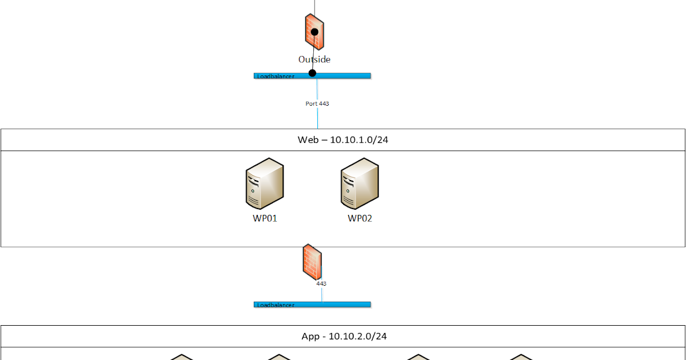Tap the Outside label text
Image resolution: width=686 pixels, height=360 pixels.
314,59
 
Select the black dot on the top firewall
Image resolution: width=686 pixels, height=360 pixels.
314,32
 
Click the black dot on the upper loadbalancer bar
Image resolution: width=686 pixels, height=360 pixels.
312,73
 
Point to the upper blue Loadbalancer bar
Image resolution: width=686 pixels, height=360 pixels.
343,75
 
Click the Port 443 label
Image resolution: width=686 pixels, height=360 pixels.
317,104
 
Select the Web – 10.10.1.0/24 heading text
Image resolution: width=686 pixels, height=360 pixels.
343,140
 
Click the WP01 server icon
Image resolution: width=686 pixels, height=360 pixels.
265,183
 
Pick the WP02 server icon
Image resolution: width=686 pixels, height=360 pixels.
360,183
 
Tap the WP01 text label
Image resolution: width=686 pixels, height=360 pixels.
265,218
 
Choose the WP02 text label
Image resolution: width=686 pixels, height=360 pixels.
360,218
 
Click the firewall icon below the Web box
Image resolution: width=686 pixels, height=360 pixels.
312,262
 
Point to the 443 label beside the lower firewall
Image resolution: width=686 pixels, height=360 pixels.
321,283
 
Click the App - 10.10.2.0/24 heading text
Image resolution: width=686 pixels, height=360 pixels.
344,337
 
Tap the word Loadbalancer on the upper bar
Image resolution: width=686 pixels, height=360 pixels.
276,76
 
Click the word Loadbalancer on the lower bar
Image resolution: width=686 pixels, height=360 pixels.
276,305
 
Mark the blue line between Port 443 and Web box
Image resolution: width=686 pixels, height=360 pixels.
317,118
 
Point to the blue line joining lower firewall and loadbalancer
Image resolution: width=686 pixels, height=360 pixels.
321,294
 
